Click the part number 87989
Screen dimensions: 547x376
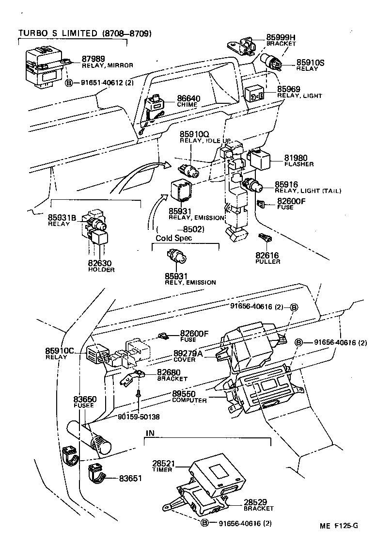[x=93, y=58]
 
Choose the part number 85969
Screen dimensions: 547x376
[x=288, y=89]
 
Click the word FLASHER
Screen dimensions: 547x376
[x=299, y=164]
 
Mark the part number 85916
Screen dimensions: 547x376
[x=286, y=184]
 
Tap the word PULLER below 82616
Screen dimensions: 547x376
[x=267, y=261]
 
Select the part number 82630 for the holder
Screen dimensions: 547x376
[x=100, y=263]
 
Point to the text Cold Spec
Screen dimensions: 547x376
[x=174, y=238]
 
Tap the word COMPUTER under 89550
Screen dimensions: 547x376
[x=189, y=401]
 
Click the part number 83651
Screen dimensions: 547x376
[x=130, y=478]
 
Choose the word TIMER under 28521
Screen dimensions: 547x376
[x=162, y=470]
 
